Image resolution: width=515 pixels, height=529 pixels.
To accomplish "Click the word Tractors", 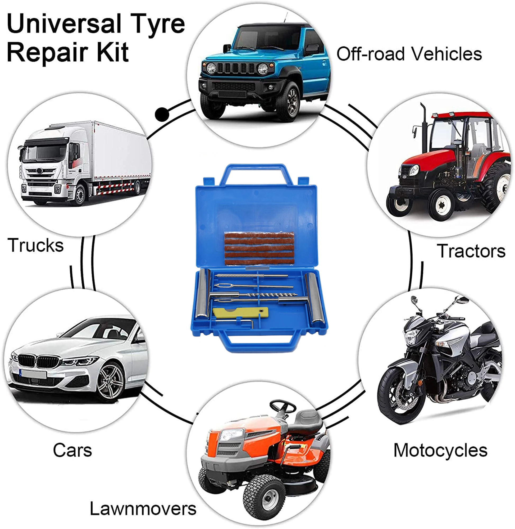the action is (471, 251).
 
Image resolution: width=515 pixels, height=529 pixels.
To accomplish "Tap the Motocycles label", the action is (440, 450).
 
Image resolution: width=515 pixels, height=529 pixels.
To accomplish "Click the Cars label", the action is (72, 450).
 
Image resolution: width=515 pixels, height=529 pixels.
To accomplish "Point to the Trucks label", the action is (35, 245).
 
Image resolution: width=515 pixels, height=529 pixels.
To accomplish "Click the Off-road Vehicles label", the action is (409, 54).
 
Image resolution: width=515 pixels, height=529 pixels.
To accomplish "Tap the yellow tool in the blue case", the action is (240, 313).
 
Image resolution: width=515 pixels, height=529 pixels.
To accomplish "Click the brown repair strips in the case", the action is (259, 249).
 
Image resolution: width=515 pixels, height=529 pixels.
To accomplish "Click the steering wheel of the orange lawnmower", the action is (283, 406).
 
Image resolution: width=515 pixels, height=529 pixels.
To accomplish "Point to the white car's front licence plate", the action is (34, 374).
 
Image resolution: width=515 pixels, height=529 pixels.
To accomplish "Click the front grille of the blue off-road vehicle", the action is (236, 68).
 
